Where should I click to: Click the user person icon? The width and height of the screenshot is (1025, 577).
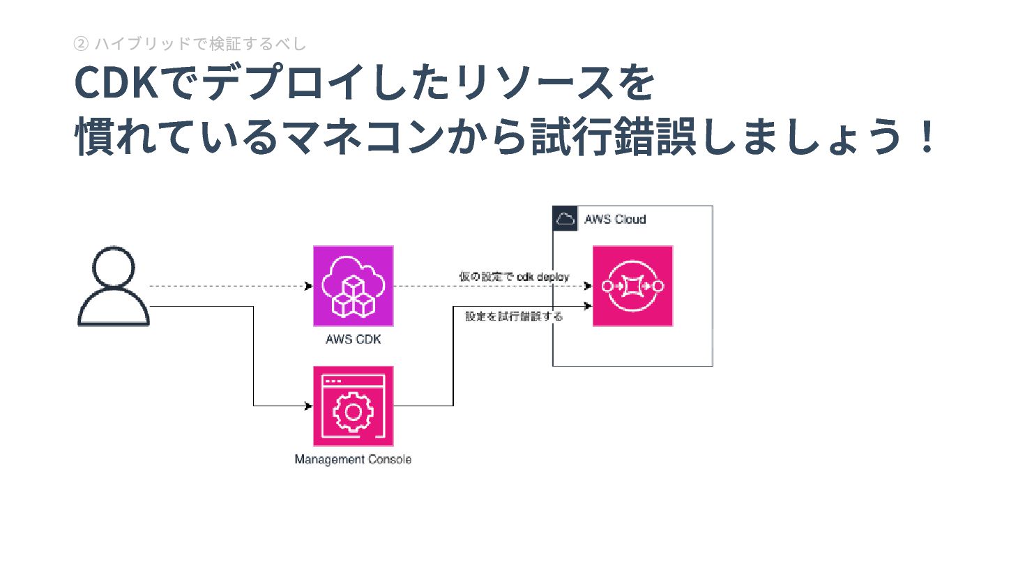tap(114, 286)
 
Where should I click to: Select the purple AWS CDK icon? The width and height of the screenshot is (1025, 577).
tap(354, 286)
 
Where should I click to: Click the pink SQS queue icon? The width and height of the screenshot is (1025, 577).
tap(632, 286)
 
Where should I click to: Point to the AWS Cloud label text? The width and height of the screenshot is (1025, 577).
tap(615, 220)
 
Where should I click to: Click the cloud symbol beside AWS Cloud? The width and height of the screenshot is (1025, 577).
tap(565, 219)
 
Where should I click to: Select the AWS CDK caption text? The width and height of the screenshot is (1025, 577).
tap(354, 339)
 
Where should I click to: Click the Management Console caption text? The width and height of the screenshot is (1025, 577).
tap(353, 460)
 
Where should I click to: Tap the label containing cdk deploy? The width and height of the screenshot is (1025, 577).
tap(514, 277)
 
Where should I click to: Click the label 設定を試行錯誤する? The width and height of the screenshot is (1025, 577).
tap(514, 316)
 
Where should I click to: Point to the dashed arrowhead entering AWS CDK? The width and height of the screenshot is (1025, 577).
tap(309, 286)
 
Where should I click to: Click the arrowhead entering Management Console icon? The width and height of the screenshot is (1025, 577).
tap(309, 406)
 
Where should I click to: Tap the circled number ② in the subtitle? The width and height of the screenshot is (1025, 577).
tap(81, 44)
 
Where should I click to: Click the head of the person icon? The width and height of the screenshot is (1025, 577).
tap(114, 266)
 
